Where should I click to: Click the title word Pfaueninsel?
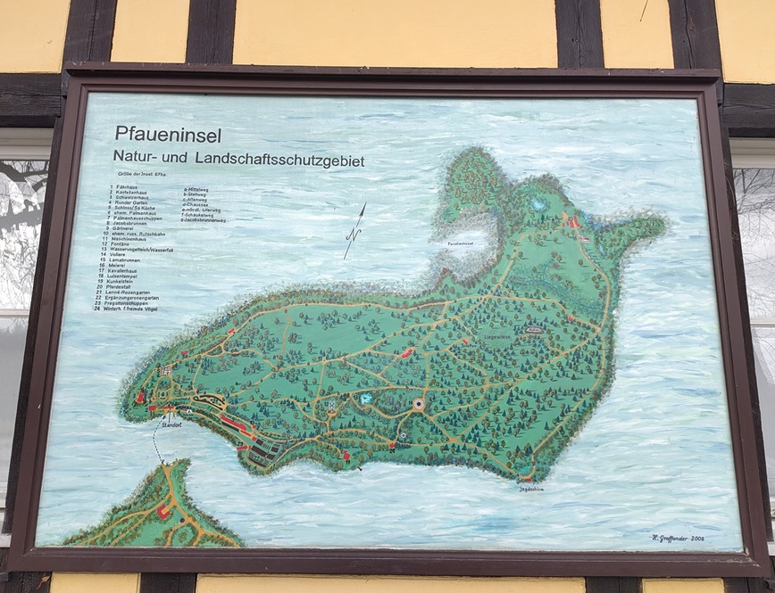[168, 135]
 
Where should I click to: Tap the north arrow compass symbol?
[354, 231]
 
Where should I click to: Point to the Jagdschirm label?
[530, 488]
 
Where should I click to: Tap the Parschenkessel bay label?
[455, 243]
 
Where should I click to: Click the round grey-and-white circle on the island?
[420, 405]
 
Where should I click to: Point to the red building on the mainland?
[162, 513]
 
